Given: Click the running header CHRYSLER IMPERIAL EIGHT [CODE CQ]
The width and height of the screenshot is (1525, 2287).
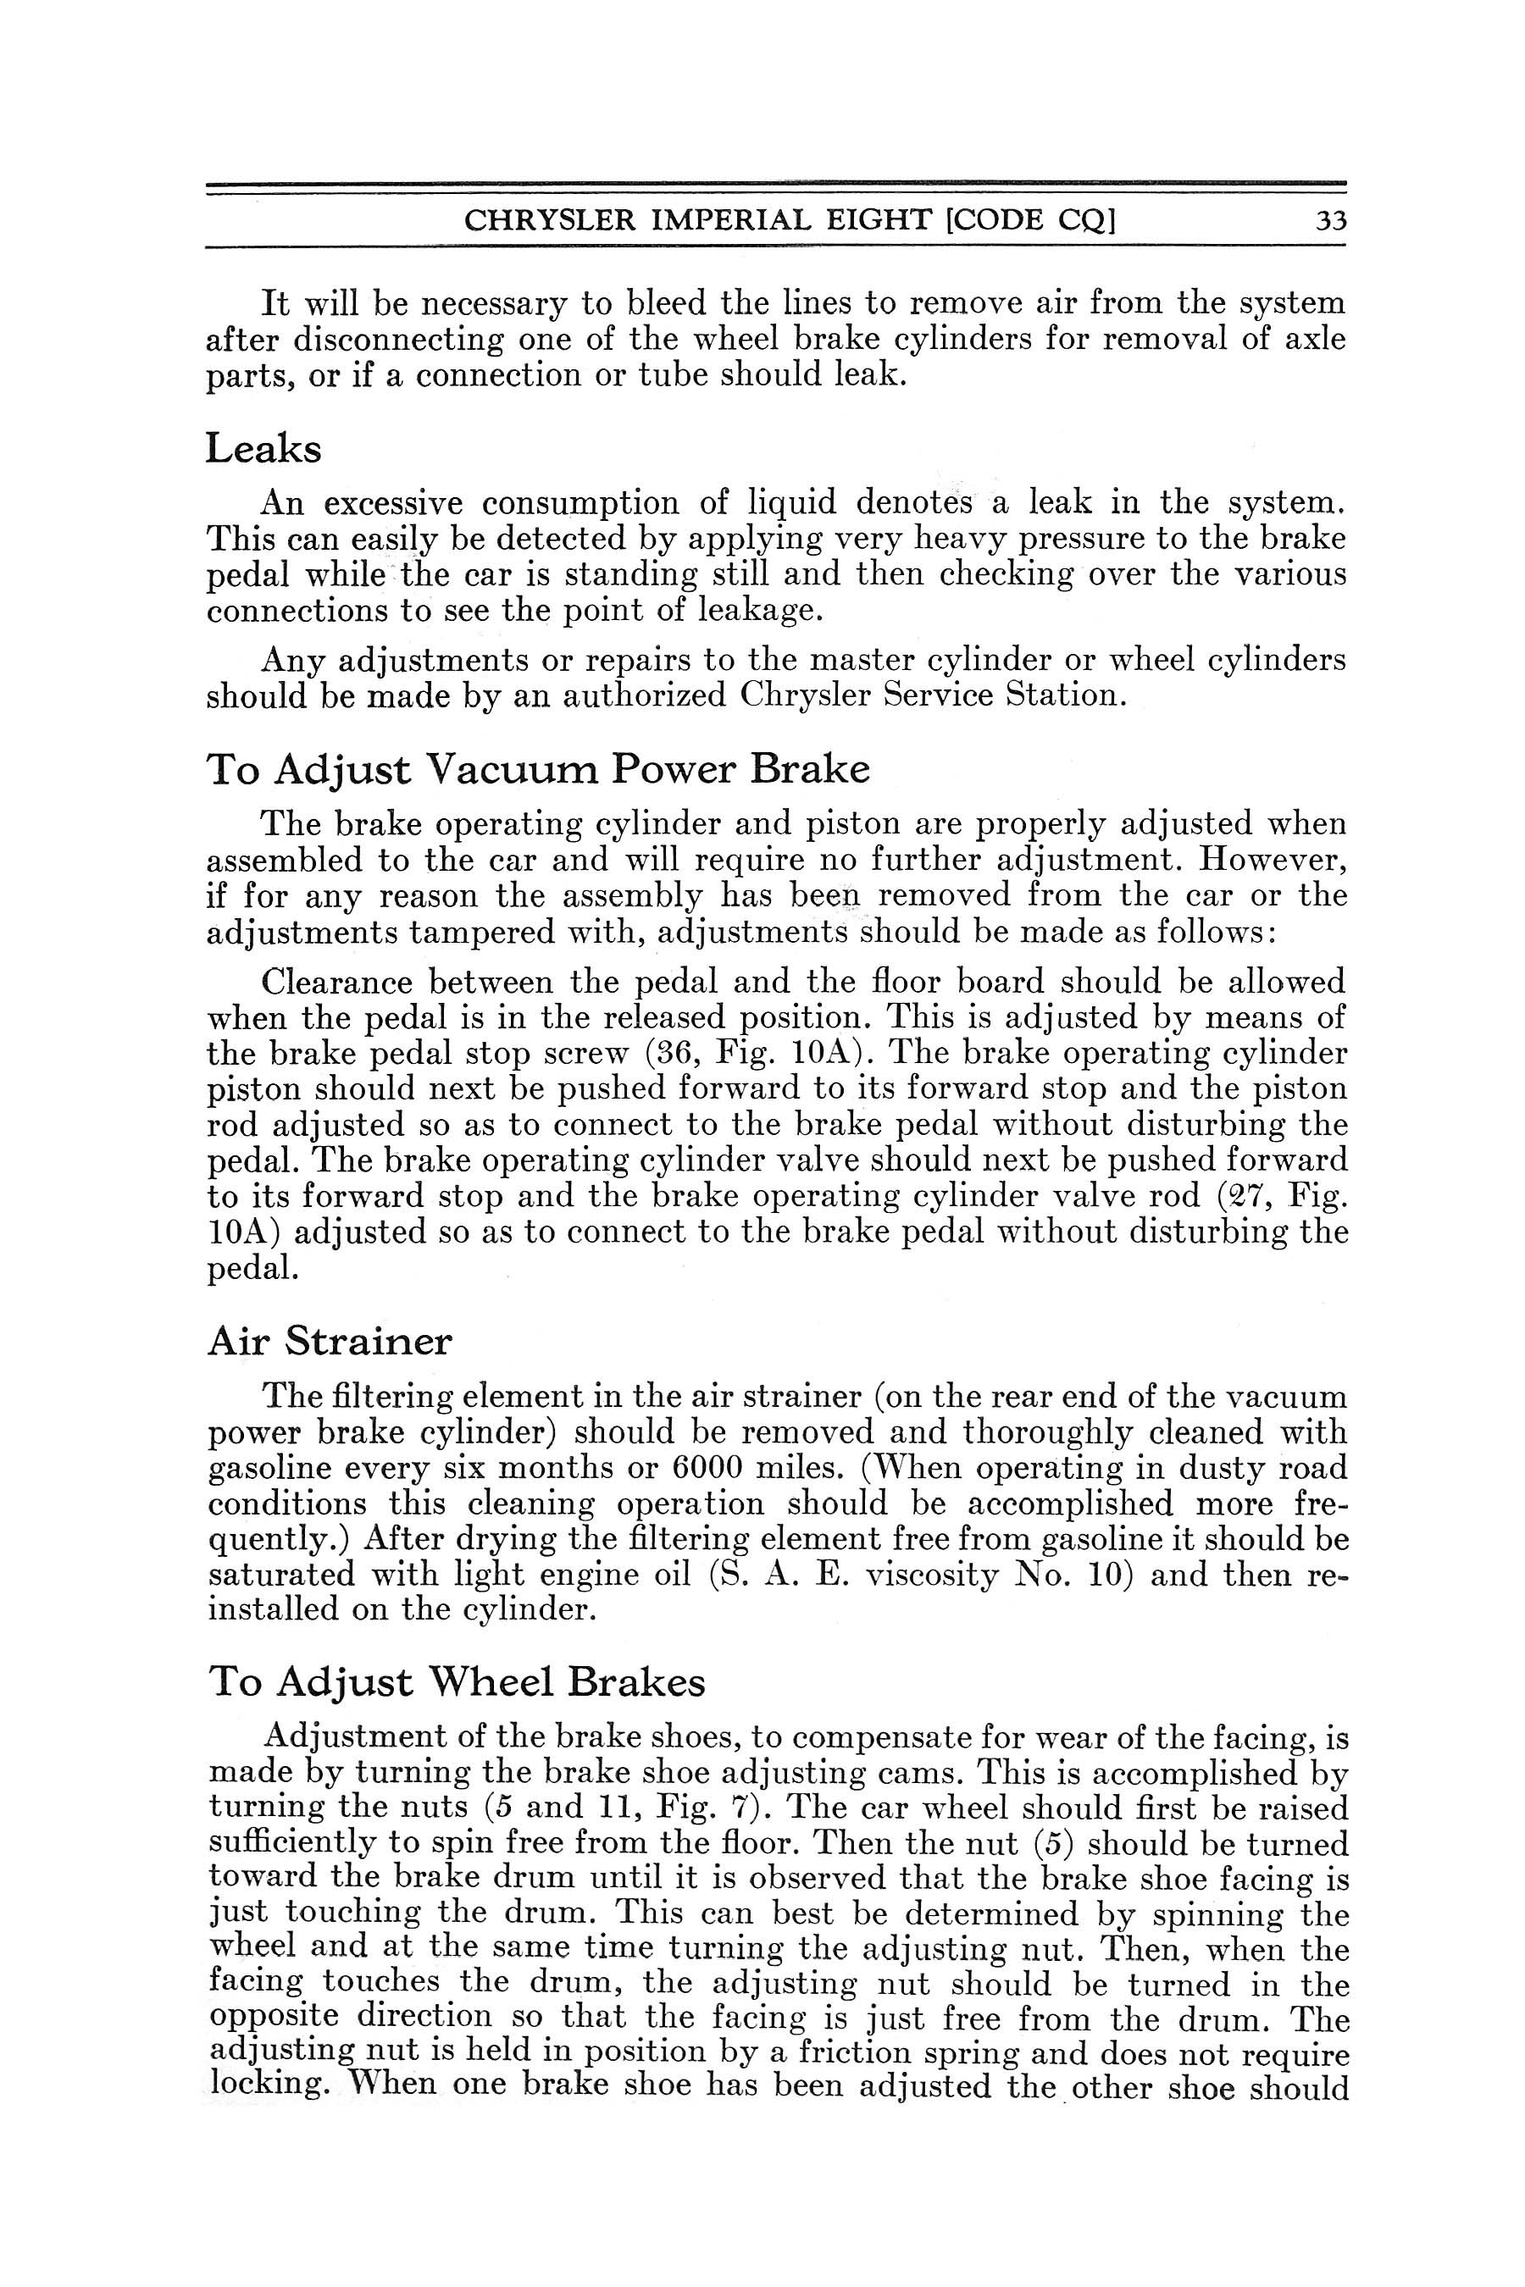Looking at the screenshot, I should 789,222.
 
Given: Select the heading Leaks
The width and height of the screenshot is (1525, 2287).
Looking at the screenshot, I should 263,449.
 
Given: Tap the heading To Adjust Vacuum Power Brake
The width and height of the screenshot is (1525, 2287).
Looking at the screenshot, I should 538,769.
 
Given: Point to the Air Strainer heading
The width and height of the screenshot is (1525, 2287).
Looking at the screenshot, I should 330,1342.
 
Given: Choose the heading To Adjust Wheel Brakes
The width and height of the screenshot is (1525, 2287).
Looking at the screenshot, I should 456,1682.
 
